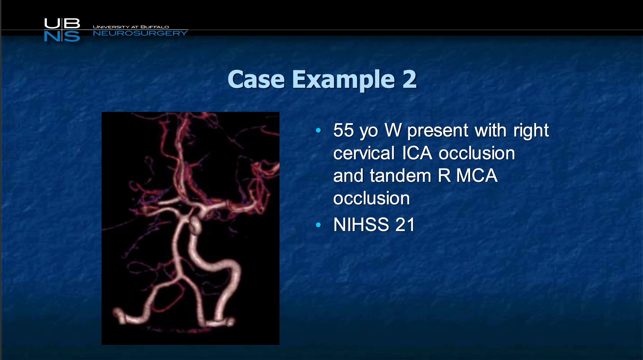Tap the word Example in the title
pyautogui.click(x=344, y=80)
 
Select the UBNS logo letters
pyautogui.click(x=62, y=30)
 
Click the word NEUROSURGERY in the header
pyautogui.click(x=140, y=33)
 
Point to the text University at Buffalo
pyautogui.click(x=131, y=27)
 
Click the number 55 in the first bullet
pyautogui.click(x=344, y=130)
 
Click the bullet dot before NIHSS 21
pyautogui.click(x=318, y=225)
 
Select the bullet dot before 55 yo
pyautogui.click(x=318, y=130)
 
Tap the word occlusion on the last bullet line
pyautogui.click(x=371, y=198)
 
